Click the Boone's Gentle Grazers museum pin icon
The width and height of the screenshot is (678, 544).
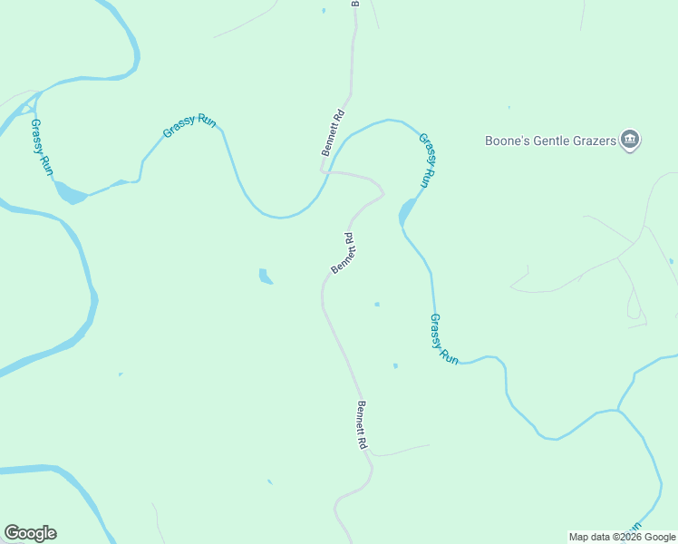point(631,141)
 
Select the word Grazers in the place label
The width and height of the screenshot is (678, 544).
point(592,141)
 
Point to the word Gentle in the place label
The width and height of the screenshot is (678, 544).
point(547,141)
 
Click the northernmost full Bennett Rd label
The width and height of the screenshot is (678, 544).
point(334,133)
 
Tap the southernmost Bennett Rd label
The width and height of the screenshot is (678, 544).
point(361,425)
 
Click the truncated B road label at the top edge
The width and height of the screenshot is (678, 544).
point(355,4)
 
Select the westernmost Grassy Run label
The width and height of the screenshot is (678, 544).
point(43,147)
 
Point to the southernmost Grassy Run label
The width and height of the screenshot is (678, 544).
point(444,338)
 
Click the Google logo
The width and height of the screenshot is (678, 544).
point(30,533)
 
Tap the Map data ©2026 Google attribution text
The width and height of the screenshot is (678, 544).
point(622,537)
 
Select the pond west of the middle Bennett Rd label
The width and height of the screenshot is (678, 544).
point(265,276)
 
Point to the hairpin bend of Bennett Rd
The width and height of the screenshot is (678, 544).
point(381,192)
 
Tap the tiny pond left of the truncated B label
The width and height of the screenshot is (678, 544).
point(323,11)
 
